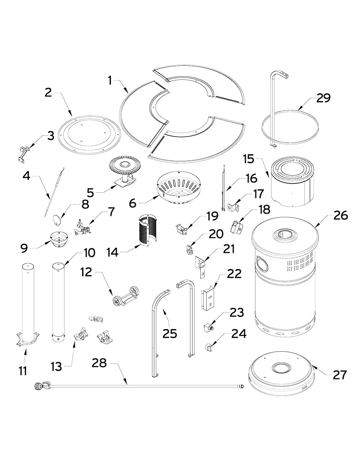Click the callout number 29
(323, 98)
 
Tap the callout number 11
(23, 371)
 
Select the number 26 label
(341, 216)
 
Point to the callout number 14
(112, 252)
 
